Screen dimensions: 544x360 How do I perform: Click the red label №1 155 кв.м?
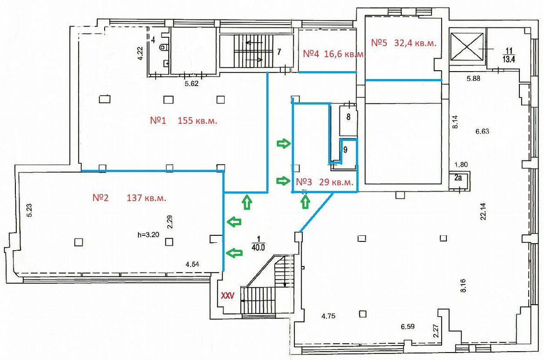184,121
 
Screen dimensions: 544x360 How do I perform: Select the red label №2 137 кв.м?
129,198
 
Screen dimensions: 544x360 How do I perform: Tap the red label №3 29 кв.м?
325,182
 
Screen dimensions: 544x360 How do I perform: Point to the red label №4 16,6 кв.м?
334,54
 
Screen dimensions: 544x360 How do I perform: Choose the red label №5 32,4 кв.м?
404,43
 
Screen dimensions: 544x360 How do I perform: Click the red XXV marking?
228,296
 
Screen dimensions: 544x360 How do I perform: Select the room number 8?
348,117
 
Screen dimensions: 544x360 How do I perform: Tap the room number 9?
345,150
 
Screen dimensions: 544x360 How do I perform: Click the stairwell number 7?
279,52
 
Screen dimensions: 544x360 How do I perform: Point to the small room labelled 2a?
458,179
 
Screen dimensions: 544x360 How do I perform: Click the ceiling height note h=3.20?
148,235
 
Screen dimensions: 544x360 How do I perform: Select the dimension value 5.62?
192,83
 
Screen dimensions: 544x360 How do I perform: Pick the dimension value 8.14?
455,122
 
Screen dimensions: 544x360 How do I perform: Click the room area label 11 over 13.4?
509,55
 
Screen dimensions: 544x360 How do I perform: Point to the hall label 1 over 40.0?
259,243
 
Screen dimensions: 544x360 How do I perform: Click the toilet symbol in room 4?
163,47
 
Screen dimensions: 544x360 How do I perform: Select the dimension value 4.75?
328,316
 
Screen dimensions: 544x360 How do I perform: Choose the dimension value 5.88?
473,79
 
